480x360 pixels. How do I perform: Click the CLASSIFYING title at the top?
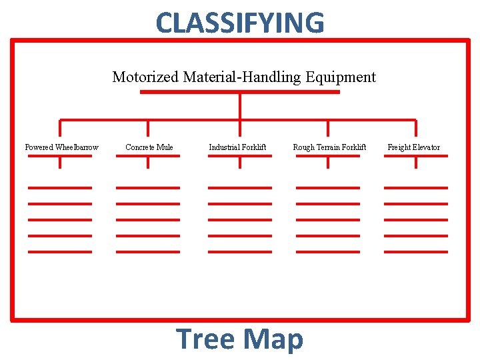[240, 23]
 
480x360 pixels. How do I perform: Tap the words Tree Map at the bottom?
[240, 339]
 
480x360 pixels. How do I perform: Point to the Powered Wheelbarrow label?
[61, 147]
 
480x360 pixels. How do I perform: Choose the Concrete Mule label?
[149, 147]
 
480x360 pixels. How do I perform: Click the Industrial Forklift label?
[237, 147]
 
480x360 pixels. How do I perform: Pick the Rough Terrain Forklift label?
[329, 147]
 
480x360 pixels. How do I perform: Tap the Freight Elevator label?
[413, 147]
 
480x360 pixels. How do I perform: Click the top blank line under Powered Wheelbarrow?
[60, 188]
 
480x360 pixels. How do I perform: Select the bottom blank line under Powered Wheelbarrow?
[60, 251]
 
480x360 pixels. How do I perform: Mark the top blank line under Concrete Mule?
[148, 188]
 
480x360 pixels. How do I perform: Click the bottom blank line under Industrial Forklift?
[240, 251]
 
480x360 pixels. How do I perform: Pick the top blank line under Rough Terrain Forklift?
[328, 188]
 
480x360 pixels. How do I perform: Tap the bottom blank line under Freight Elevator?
[416, 251]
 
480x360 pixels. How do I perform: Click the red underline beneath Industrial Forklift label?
[240, 156]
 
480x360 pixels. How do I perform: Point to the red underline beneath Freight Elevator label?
[416, 156]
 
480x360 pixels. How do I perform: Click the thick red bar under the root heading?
[240, 92]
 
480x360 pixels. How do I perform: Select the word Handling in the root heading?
[276, 77]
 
